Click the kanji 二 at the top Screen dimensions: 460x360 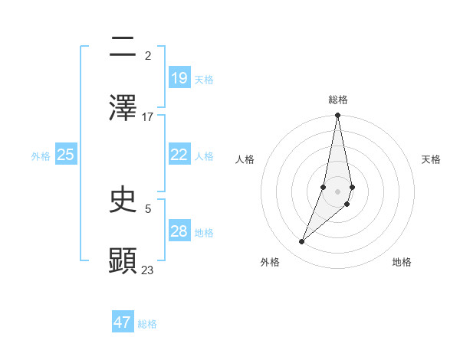tap(123, 47)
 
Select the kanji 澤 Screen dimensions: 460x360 tap(123, 106)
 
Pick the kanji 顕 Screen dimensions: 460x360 tap(123, 260)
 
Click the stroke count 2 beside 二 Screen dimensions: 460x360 tap(148, 56)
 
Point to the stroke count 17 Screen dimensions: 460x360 tap(148, 116)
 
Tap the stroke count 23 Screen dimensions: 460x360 tap(148, 270)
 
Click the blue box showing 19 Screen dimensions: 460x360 tap(179, 78)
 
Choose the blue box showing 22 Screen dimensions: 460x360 tap(179, 155)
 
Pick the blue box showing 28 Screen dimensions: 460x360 tap(179, 231)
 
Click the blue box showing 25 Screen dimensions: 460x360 tap(66, 155)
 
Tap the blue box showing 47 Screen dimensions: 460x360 tap(123, 322)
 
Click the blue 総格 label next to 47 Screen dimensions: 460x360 tap(147, 324)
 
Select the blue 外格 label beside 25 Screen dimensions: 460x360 tap(41, 156)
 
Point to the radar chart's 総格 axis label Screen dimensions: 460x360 tap(338, 100)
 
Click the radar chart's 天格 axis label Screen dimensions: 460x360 tap(431, 159)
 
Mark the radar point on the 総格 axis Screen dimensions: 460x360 tap(337, 116)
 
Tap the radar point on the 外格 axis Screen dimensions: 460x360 tap(302, 242)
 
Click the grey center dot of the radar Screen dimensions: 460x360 tap(337, 191)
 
